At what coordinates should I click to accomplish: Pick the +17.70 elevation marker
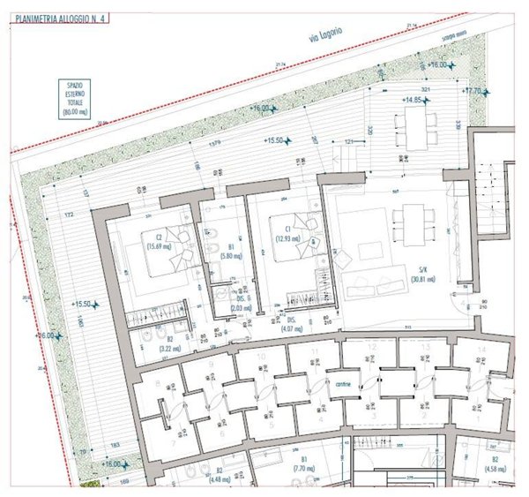474,91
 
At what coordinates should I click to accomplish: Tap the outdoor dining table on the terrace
414,129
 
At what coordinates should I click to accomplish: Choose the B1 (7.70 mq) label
302,464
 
